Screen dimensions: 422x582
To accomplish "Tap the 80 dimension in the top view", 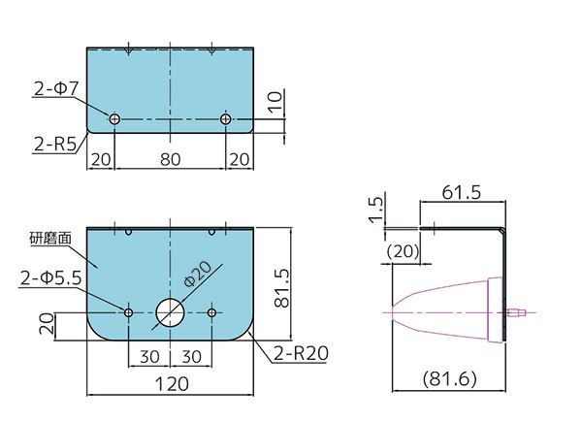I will pos(171,158).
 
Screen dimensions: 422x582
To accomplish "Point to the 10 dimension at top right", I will pos(275,100).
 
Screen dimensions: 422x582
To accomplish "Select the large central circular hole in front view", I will pos(171,311).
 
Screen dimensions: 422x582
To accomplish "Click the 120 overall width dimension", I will pos(171,384).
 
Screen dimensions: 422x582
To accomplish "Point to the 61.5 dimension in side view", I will pos(461,193).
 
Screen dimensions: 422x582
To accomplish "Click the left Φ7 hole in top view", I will pos(115,118).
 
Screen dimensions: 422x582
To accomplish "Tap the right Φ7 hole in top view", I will pos(226,118).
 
